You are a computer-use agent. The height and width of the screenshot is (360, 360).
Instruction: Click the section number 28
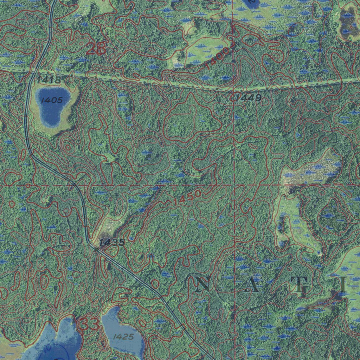coord(96,49)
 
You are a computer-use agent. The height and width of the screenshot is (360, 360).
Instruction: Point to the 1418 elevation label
coord(49,79)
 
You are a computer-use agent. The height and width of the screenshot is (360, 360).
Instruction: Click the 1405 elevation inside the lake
coord(51,100)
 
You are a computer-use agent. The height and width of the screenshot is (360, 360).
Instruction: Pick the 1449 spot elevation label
coord(248,97)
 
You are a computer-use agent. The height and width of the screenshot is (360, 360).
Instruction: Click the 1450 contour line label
coord(187,198)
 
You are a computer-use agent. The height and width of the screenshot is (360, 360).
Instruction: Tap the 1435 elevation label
coord(112,242)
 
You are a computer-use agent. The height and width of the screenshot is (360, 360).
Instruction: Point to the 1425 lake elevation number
coord(123,337)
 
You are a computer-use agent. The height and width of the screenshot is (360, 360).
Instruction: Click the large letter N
coord(204,284)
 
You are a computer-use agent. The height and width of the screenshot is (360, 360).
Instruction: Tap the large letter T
coord(301,284)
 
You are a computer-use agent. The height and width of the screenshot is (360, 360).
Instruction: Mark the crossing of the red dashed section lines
coord(234,184)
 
